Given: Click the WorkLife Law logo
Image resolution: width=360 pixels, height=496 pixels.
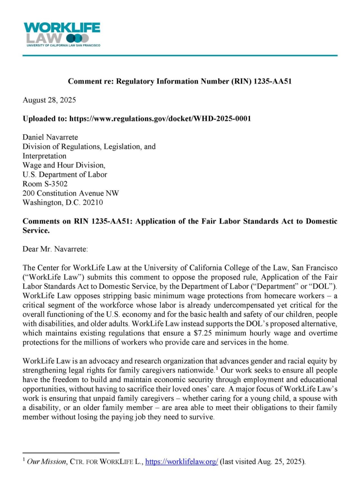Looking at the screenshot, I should click(x=62, y=34).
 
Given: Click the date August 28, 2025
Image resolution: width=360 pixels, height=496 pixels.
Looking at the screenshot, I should click(x=49, y=100).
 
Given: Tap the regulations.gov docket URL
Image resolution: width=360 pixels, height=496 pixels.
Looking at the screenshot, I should click(x=160, y=119).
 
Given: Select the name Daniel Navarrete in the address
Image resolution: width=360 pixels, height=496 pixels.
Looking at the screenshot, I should click(x=50, y=137).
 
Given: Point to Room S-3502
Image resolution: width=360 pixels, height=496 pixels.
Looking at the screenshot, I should click(x=45, y=184).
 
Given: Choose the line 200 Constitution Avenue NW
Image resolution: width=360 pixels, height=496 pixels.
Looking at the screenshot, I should click(x=71, y=193).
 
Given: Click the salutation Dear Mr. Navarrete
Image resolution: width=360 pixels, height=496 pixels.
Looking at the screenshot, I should click(x=55, y=249).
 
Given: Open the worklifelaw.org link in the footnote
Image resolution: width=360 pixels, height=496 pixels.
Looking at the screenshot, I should click(x=182, y=462).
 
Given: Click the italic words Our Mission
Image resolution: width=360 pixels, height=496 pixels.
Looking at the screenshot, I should click(x=46, y=462).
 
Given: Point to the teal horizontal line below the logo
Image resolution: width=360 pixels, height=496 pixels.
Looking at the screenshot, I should click(x=180, y=56).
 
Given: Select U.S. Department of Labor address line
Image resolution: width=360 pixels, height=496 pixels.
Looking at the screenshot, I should click(x=65, y=175).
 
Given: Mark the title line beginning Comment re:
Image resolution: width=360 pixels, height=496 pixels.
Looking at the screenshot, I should click(x=180, y=81).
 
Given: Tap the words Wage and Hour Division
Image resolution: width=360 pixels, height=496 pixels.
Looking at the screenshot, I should click(x=64, y=165).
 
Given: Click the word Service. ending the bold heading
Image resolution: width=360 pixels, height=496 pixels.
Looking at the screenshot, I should click(x=36, y=231).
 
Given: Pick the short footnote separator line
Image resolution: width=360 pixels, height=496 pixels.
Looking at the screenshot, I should click(x=71, y=453).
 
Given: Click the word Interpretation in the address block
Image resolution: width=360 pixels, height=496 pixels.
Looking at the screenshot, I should click(x=44, y=156).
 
